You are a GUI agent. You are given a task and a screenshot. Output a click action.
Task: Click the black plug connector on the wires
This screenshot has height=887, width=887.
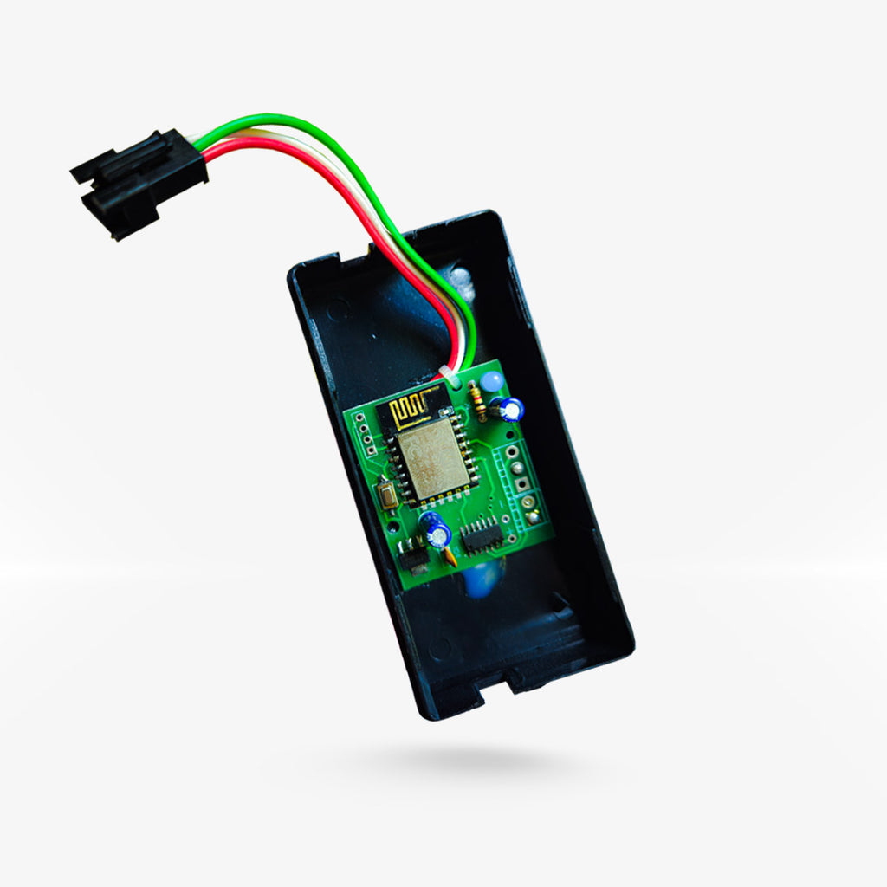(x=139, y=182)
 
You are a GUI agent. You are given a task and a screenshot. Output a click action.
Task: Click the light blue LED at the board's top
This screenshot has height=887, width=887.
(x=492, y=381)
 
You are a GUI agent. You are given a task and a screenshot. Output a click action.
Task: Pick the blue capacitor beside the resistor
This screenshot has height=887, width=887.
(x=510, y=408)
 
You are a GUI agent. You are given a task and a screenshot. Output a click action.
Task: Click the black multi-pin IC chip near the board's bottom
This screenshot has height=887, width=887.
(x=482, y=537)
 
